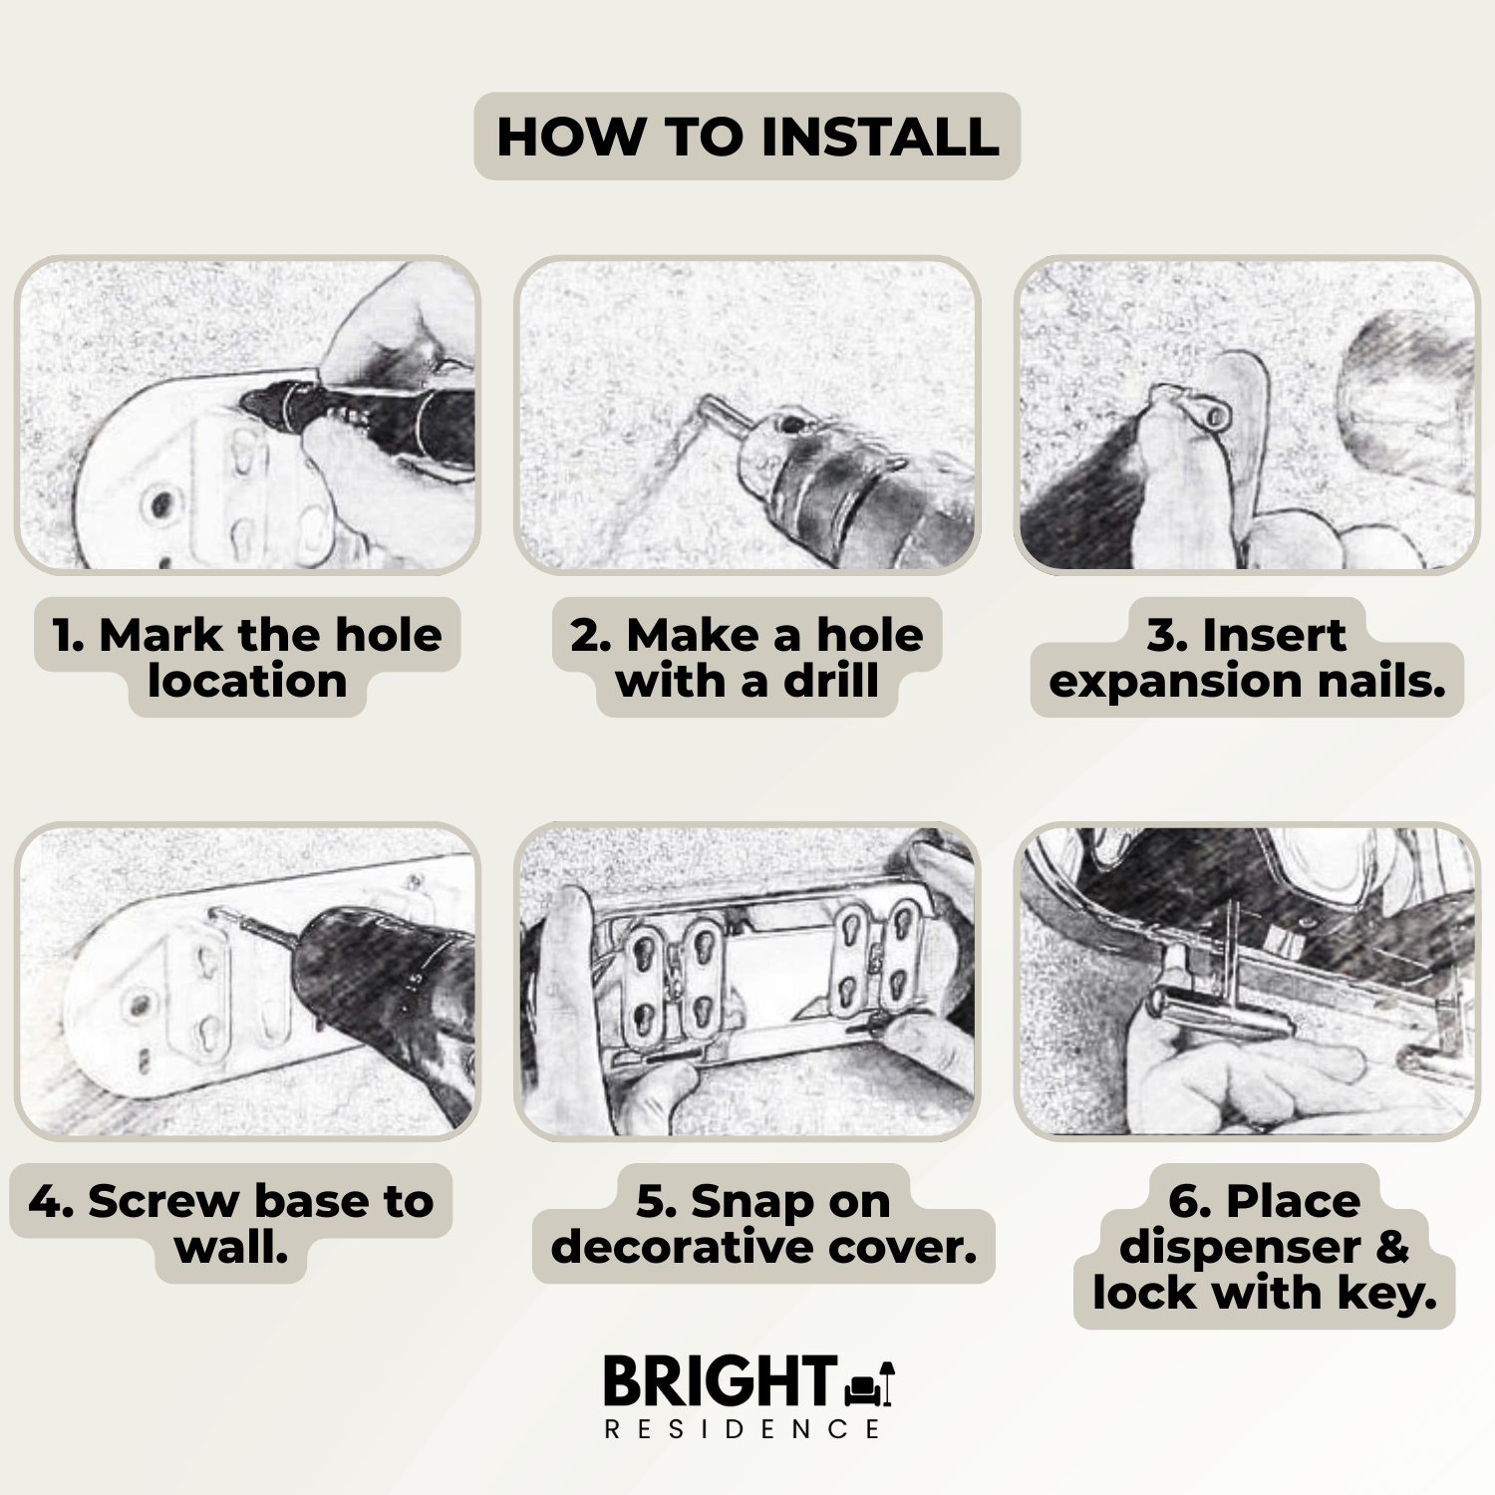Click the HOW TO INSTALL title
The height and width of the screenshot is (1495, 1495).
pyautogui.click(x=747, y=137)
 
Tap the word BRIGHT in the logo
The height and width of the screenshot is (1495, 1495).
pyautogui.click(x=720, y=1381)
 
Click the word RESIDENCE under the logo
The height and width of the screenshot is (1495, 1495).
pyautogui.click(x=743, y=1429)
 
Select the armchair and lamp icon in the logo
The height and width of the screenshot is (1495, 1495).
pyautogui.click(x=869, y=1383)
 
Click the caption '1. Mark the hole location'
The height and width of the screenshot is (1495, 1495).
pyautogui.click(x=247, y=658)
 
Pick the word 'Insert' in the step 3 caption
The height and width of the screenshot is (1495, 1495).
pyautogui.click(x=1274, y=635)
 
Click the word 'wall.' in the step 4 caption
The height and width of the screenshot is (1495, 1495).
pyautogui.click(x=231, y=1247)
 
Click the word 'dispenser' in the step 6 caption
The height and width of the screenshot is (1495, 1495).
pyautogui.click(x=1240, y=1249)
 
